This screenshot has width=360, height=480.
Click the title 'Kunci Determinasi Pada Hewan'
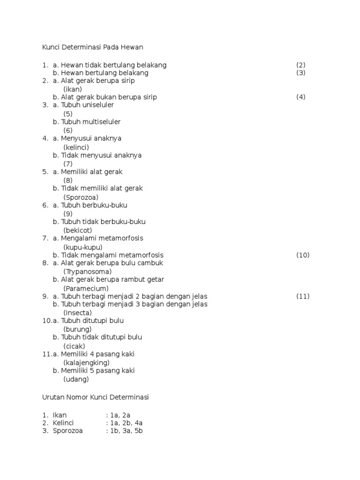pos(92,47)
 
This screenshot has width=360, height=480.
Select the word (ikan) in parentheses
pos(73,89)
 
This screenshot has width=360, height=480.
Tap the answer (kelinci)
pos(76,147)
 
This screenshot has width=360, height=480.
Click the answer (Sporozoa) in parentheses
pos(81,197)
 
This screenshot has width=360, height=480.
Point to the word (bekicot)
pos(77,230)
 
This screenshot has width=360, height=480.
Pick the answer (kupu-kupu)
pos(83,247)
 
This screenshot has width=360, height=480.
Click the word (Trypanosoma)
pos(87,271)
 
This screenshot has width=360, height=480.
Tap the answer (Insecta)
pos(77,313)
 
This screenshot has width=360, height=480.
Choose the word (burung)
pos(77,329)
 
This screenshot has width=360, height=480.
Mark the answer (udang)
pos(76,379)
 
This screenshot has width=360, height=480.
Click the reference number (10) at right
pos(303,255)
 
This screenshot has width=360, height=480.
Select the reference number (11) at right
pos(303,296)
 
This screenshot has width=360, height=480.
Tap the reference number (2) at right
pos(301,64)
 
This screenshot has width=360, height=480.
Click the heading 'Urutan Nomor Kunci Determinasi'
pos(95,397)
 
